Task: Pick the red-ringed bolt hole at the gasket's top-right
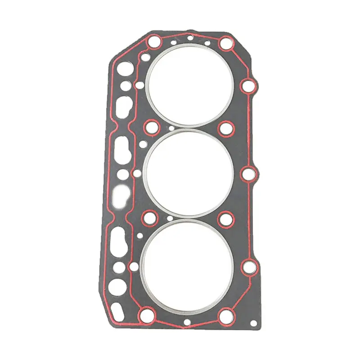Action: [226, 44]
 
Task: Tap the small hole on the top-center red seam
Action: [190, 37]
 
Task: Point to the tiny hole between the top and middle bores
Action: [171, 129]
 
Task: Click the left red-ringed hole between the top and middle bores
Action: [151, 127]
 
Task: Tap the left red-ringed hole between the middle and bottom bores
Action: [148, 219]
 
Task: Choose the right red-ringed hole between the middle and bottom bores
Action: [224, 219]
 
